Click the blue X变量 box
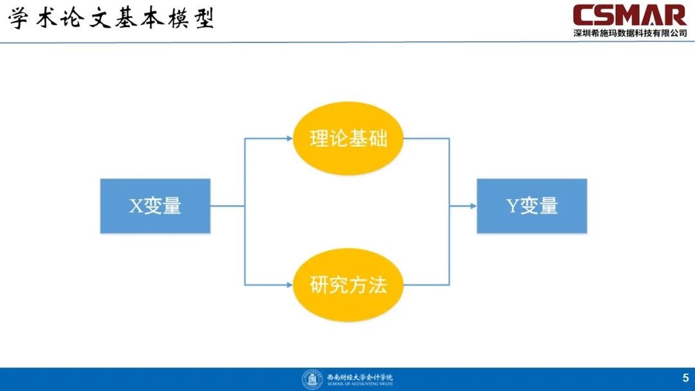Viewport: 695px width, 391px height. click(x=155, y=206)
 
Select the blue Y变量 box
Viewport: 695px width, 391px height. click(x=532, y=206)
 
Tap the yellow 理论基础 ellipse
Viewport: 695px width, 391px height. click(x=348, y=138)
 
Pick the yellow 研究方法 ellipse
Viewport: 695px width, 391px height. click(x=348, y=285)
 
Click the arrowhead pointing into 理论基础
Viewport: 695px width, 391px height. click(x=289, y=138)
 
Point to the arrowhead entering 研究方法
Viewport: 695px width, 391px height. click(x=289, y=285)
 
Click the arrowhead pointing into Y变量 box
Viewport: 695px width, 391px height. click(x=472, y=206)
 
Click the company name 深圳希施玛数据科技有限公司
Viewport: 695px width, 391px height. click(x=630, y=33)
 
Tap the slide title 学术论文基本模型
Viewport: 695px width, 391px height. click(x=111, y=19)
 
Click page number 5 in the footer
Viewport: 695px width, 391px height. click(x=685, y=377)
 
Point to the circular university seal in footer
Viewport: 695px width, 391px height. click(x=312, y=379)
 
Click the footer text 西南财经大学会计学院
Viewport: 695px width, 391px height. click(x=360, y=376)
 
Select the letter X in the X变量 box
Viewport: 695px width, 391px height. click(x=136, y=206)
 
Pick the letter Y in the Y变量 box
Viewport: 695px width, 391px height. click(x=513, y=206)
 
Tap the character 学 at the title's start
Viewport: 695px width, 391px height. click(x=19, y=19)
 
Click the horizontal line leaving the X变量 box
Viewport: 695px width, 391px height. click(x=227, y=206)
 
